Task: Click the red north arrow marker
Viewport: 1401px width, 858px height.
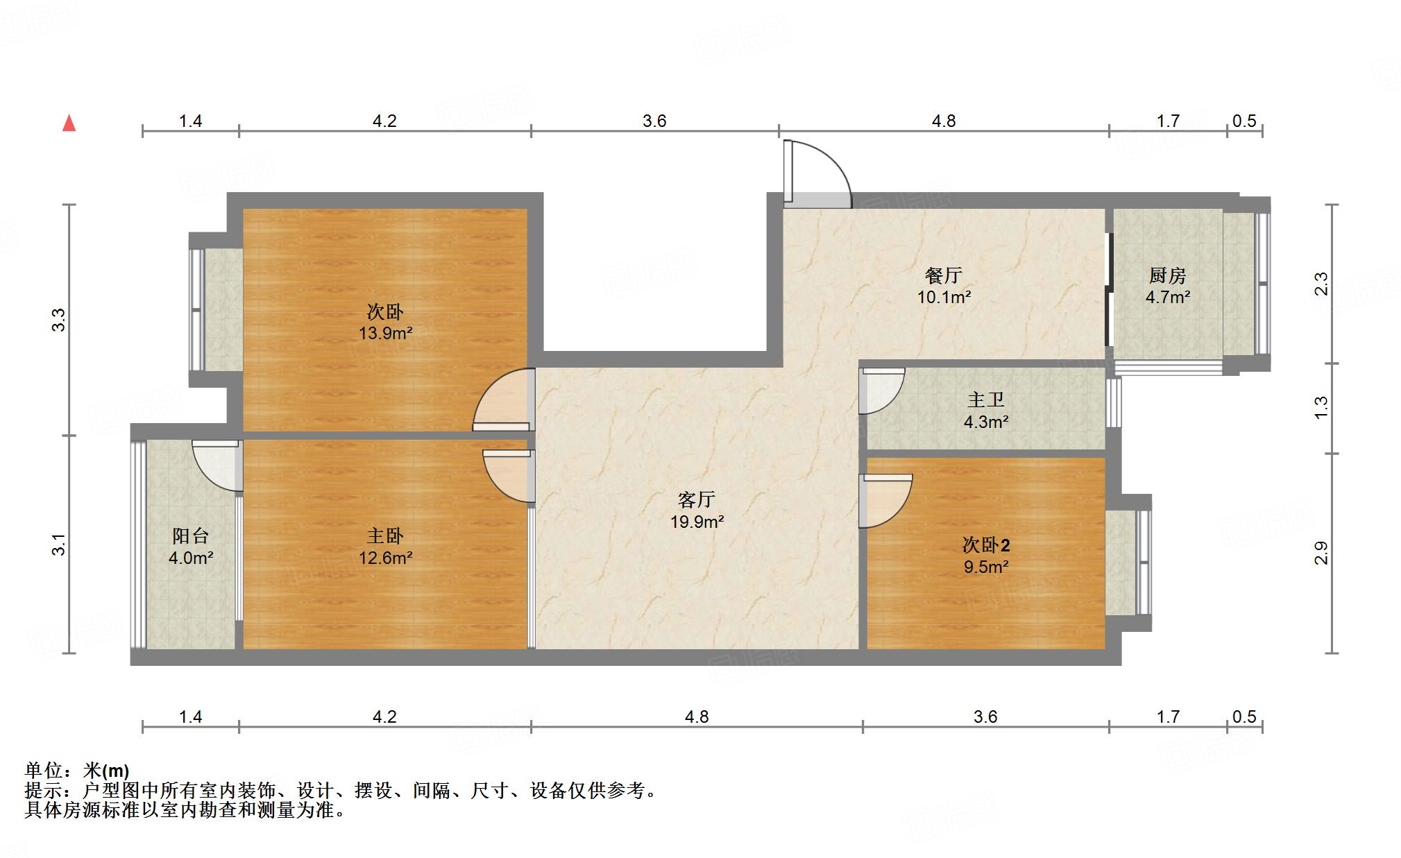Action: point(69,123)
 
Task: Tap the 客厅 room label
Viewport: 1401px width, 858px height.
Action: point(696,499)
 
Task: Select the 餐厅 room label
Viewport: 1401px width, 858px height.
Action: point(944,275)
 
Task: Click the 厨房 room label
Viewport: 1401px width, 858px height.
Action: point(1167,275)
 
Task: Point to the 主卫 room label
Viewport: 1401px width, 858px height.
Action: point(985,400)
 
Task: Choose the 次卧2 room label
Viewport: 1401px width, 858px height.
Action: point(985,544)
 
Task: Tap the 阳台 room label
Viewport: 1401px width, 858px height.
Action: point(190,535)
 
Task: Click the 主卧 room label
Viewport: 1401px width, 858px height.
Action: point(385,535)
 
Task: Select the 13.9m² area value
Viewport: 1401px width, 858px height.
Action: point(385,334)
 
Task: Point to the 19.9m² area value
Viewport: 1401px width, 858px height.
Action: point(697,522)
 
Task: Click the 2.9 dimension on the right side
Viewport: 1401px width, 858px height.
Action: point(1321,553)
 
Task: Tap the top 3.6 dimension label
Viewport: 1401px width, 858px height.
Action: point(654,121)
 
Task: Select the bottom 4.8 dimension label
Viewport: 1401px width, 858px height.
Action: point(697,717)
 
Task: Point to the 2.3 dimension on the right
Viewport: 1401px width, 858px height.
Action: point(1321,284)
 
